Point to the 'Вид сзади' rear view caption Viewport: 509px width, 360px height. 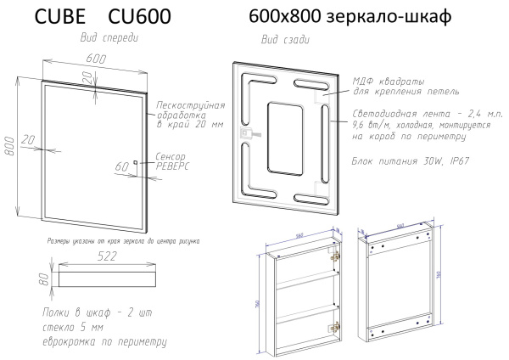(x=282, y=41)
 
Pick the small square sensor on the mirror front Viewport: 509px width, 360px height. (x=135, y=163)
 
